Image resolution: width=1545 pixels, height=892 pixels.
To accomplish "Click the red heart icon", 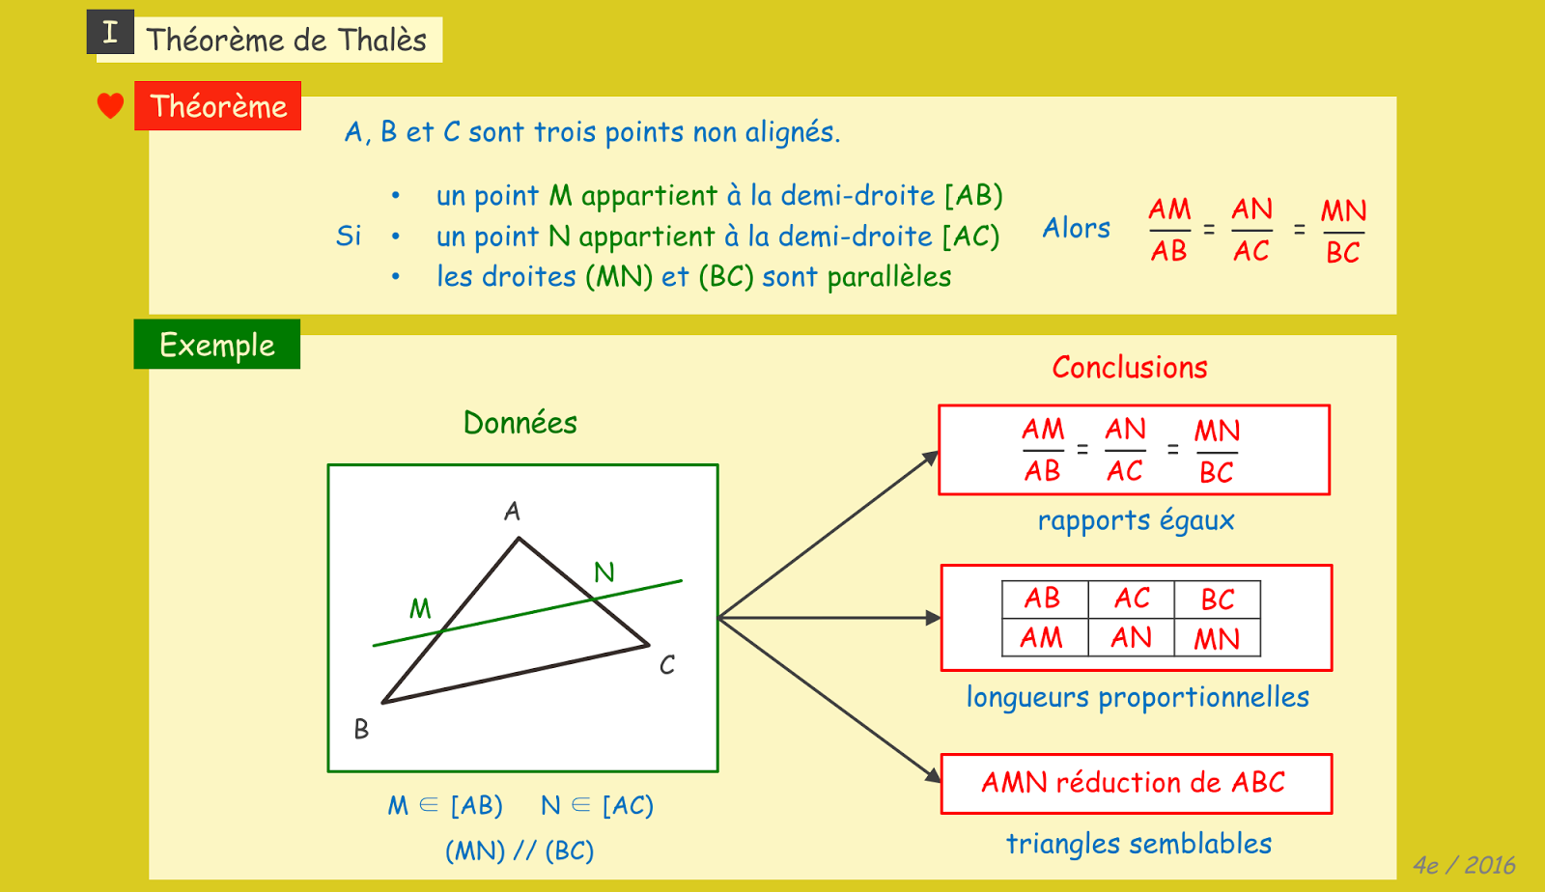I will (x=110, y=105).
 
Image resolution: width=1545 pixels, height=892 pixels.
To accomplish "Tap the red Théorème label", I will (x=218, y=106).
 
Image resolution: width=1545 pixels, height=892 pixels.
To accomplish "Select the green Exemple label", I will (x=217, y=345).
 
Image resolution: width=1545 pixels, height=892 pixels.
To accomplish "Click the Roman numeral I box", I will (x=110, y=32).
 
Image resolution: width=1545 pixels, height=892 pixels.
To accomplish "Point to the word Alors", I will (x=1076, y=229).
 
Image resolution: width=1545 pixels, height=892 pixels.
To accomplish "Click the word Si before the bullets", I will (x=349, y=237).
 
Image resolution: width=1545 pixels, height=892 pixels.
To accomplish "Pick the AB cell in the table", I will (x=1043, y=599).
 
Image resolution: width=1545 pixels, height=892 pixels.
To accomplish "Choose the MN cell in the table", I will (x=1217, y=638).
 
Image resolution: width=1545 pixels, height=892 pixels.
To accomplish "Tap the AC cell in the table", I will (x=1132, y=599).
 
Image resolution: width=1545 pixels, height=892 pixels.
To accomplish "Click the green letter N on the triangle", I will (x=604, y=572).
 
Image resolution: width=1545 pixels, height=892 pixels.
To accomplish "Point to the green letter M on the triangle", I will (x=420, y=608).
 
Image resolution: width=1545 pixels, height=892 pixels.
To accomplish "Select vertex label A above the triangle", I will (x=513, y=511).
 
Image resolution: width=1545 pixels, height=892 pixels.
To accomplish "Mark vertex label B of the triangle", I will (x=361, y=729).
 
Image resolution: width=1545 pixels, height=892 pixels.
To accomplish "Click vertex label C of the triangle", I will (x=667, y=665).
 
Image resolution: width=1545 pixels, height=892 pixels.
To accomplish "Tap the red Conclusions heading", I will (x=1130, y=368).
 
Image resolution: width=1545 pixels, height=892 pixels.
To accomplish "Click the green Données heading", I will (x=520, y=423).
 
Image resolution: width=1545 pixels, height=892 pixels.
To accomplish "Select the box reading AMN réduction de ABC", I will (x=1136, y=783).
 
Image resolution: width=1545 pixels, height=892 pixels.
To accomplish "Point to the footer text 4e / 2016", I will (x=1464, y=865).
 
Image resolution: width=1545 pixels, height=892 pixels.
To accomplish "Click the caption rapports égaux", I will (x=1136, y=521).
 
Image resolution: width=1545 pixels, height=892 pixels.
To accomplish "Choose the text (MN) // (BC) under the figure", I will (x=520, y=850).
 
